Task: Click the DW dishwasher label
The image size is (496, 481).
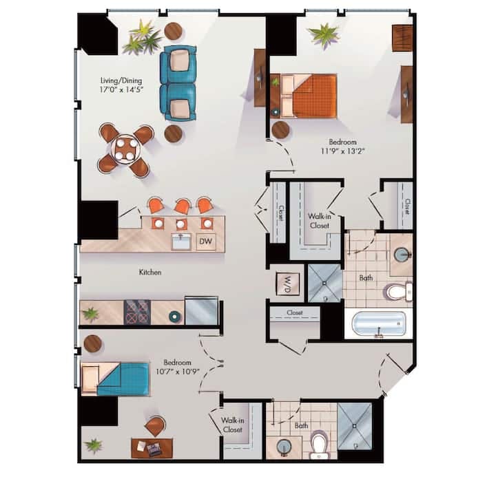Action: [x=205, y=242]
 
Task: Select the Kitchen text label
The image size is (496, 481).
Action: [x=150, y=272]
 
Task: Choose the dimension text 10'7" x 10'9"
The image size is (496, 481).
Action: [x=177, y=373]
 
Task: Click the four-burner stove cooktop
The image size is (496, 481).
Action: [x=136, y=312]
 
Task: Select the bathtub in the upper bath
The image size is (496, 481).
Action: [x=378, y=323]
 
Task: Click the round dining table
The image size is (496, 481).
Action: [x=125, y=149]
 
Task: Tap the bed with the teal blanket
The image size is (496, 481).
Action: [x=116, y=378]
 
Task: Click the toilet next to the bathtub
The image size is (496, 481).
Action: [x=397, y=291]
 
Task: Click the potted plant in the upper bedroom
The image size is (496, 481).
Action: [x=322, y=35]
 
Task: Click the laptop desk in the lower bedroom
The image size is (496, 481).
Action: [x=152, y=448]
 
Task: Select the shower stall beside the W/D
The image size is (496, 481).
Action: [x=324, y=283]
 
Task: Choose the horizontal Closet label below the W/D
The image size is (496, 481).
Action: [x=294, y=312]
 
